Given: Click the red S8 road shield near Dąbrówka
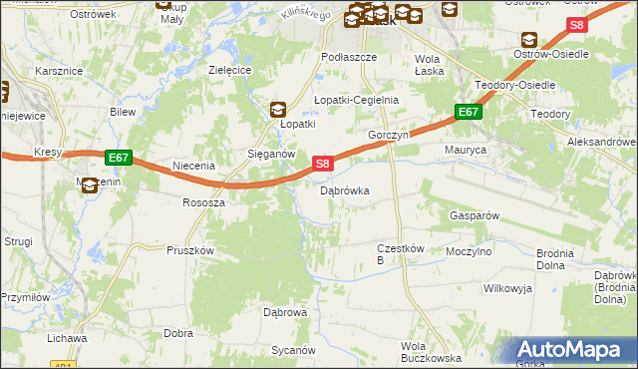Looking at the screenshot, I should (322, 164).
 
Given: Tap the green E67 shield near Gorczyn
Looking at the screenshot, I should (470, 113).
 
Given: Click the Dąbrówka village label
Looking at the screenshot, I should (345, 189).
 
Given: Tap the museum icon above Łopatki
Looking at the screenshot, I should (279, 110).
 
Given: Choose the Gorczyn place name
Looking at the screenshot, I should (389, 135).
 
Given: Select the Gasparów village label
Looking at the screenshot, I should (475, 215).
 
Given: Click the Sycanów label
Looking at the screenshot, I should (293, 351).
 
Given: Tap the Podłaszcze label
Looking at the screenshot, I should (348, 58).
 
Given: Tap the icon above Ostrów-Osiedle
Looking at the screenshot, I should (526, 39).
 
